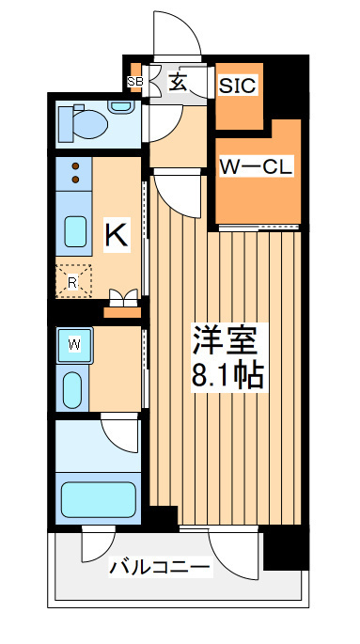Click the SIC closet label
click(238, 85)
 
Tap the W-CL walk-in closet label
click(256, 166)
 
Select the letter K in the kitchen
click(117, 234)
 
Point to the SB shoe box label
click(134, 81)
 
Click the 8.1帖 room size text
click(227, 375)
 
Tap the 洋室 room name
click(227, 340)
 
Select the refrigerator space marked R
click(73, 281)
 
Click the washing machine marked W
click(74, 345)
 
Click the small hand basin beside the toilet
click(120, 106)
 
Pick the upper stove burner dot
click(75, 166)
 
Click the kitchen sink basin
click(75, 231)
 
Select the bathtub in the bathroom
click(99, 499)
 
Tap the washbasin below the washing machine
click(72, 390)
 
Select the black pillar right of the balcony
click(286, 548)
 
